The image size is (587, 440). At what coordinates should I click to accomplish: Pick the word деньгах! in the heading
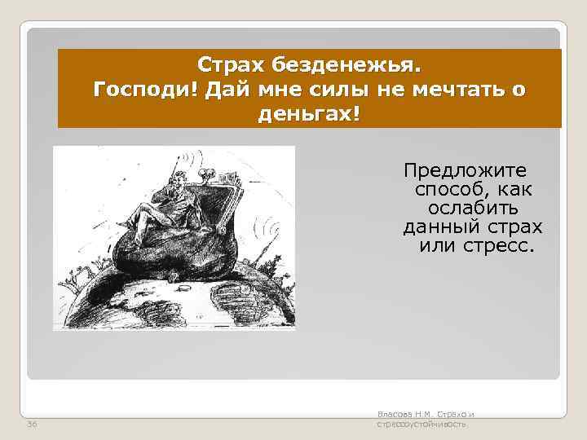[308, 113]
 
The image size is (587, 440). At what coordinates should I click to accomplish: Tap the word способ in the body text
[453, 191]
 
